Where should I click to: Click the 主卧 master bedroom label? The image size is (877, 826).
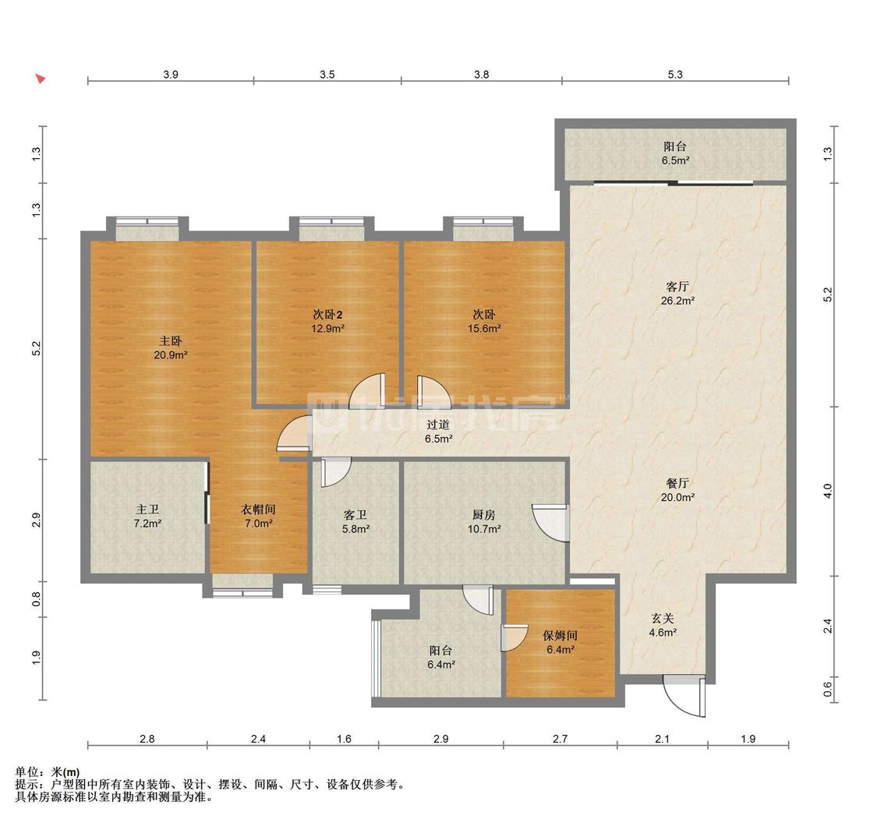pos(171,341)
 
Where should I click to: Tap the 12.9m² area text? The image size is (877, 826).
pos(327,329)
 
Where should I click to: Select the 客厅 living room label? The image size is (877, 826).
pos(677,287)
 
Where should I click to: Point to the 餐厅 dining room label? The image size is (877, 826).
pos(677,483)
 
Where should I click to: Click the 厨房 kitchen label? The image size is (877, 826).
pos(484,514)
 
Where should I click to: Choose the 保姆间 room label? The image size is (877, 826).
pos(560,635)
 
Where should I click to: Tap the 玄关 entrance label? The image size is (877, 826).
pos(662,619)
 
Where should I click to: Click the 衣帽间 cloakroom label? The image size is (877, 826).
pos(258,510)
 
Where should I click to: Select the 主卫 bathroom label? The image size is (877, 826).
pos(147,510)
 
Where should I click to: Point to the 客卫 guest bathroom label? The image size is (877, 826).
pos(355,514)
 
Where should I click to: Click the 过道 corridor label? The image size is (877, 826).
pos(438,425)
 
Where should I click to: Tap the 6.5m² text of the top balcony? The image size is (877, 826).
pos(675,161)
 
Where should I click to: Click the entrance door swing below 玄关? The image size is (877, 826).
pos(684,697)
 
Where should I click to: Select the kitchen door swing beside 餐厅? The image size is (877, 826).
pos(551,523)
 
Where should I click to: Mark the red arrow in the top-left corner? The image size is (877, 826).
pos(41,78)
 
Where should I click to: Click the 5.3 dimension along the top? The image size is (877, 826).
pos(675,74)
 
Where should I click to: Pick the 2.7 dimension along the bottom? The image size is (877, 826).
pos(560,739)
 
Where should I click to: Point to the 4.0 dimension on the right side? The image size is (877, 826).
pos(829,491)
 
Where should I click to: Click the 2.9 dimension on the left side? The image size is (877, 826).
pos(37,520)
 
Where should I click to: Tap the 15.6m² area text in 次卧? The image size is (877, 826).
pos(484,329)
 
